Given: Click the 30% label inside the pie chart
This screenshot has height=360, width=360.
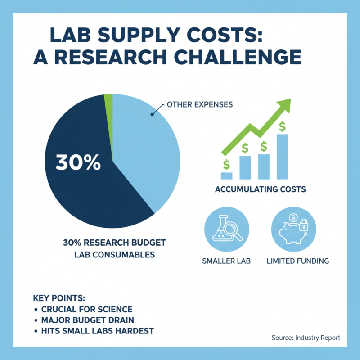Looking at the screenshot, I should (x=78, y=162).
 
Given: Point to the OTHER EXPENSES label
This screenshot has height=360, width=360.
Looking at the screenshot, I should (x=199, y=104).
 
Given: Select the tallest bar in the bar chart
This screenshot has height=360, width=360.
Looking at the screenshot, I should (x=282, y=157).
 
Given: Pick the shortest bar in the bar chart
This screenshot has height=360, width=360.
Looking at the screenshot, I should (x=227, y=175).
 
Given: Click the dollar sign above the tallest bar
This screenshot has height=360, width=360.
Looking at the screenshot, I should (x=282, y=126).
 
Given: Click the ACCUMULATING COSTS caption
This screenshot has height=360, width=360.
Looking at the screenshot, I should (x=260, y=189).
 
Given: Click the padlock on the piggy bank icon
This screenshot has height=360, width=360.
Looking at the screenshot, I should (x=304, y=225).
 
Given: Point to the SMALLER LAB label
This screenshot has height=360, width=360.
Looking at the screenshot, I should (x=226, y=261).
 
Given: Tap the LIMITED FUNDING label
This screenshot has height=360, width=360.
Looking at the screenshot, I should (x=297, y=261).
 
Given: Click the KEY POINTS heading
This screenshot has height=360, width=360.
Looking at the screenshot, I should (x=59, y=298).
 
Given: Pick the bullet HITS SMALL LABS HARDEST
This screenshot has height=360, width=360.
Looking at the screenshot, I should (x=97, y=331).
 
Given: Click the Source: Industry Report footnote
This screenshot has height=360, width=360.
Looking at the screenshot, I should (x=306, y=337).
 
